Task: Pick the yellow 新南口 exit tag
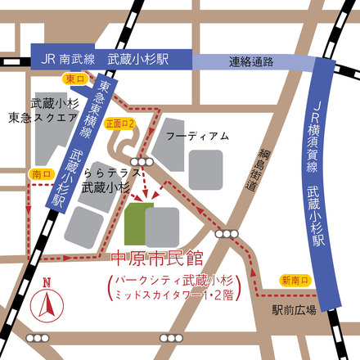[295, 280]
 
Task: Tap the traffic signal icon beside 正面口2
[147, 163]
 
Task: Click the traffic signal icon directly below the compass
[38, 338]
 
